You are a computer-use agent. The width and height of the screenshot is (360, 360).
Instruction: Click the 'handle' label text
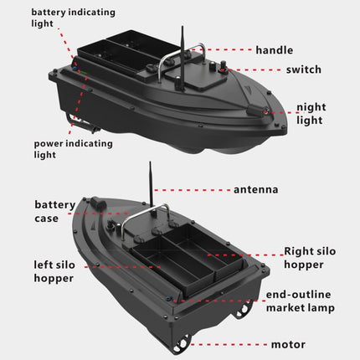pyautogui.click(x=274, y=51)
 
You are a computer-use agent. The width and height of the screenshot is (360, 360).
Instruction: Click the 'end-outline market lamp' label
pyautogui.click(x=300, y=301)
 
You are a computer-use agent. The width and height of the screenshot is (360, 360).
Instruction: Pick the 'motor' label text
pyautogui.click(x=288, y=344)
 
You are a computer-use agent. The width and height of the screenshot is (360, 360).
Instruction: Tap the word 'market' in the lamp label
pyautogui.click(x=286, y=308)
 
